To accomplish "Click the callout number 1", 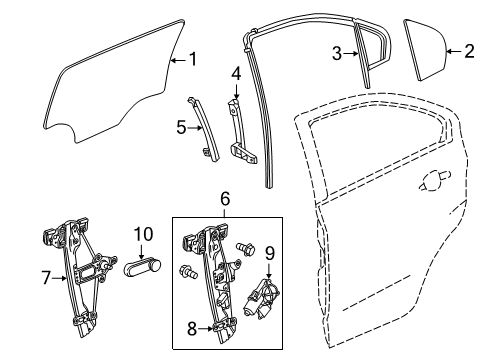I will [x=193, y=59].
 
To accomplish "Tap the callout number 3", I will [x=338, y=53].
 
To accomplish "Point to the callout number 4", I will [x=236, y=73].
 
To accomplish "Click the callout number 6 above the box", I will [x=226, y=200].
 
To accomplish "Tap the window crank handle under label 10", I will [x=144, y=267].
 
